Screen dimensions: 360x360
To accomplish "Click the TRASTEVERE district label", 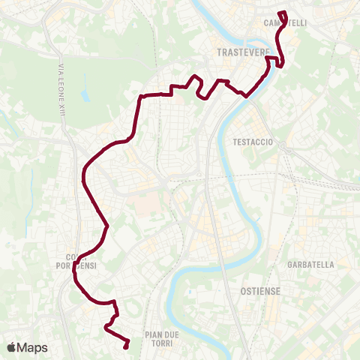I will [237, 52].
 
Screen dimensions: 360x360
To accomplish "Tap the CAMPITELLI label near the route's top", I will [286, 23].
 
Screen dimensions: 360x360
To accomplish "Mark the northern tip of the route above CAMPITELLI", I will [281, 13].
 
